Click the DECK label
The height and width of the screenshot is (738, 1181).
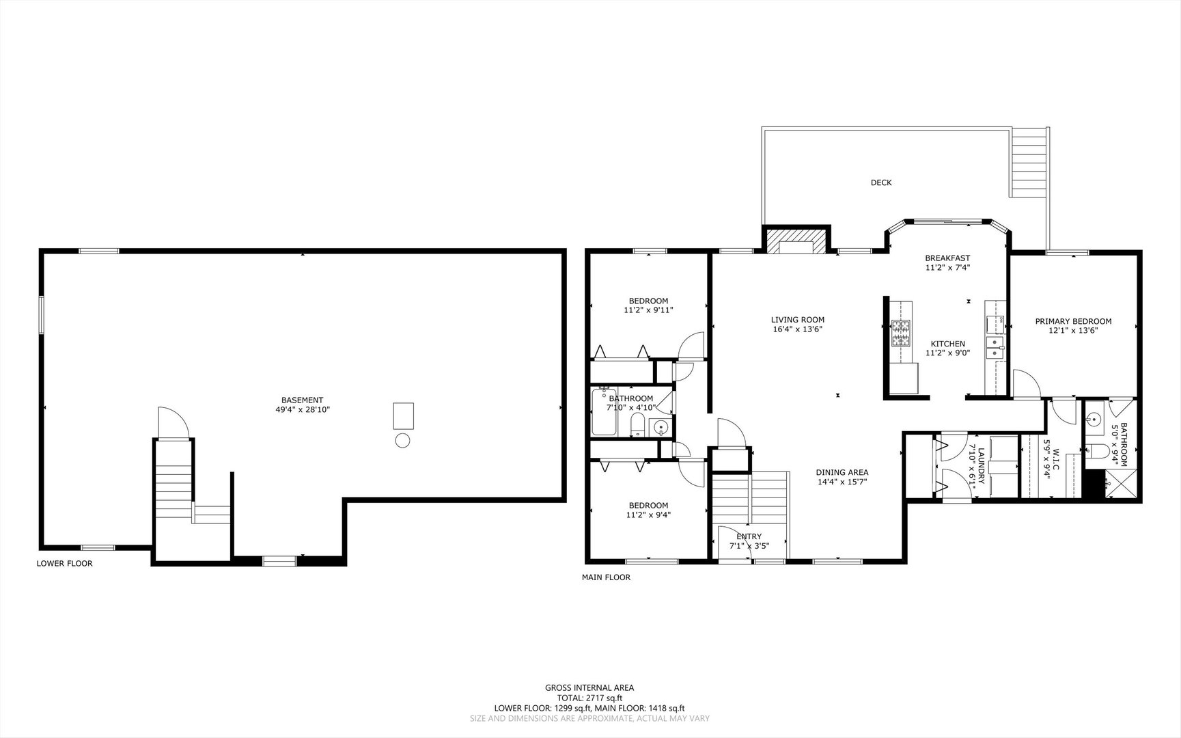click(x=881, y=182)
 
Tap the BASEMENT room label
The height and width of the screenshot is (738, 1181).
click(x=302, y=400)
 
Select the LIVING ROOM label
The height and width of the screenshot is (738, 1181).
click(x=798, y=320)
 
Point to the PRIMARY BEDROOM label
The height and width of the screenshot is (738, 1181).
click(x=1073, y=321)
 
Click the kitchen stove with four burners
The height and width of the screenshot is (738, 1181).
click(x=900, y=334)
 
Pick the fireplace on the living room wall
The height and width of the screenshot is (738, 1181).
click(x=796, y=241)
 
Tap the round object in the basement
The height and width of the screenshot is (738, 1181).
click(x=402, y=441)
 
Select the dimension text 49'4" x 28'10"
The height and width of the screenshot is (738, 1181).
click(x=303, y=410)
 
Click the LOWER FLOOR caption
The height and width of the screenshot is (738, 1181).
click(x=64, y=564)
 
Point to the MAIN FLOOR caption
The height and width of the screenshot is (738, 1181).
click(x=606, y=577)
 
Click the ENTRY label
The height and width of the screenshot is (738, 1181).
click(x=749, y=536)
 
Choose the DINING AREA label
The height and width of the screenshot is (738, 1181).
click(x=842, y=472)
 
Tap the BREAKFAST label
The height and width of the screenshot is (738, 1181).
click(x=947, y=258)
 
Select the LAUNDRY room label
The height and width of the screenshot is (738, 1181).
click(x=981, y=466)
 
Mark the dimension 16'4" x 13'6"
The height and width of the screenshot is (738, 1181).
click(x=798, y=329)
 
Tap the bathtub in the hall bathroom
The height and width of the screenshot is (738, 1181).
click(x=604, y=411)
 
